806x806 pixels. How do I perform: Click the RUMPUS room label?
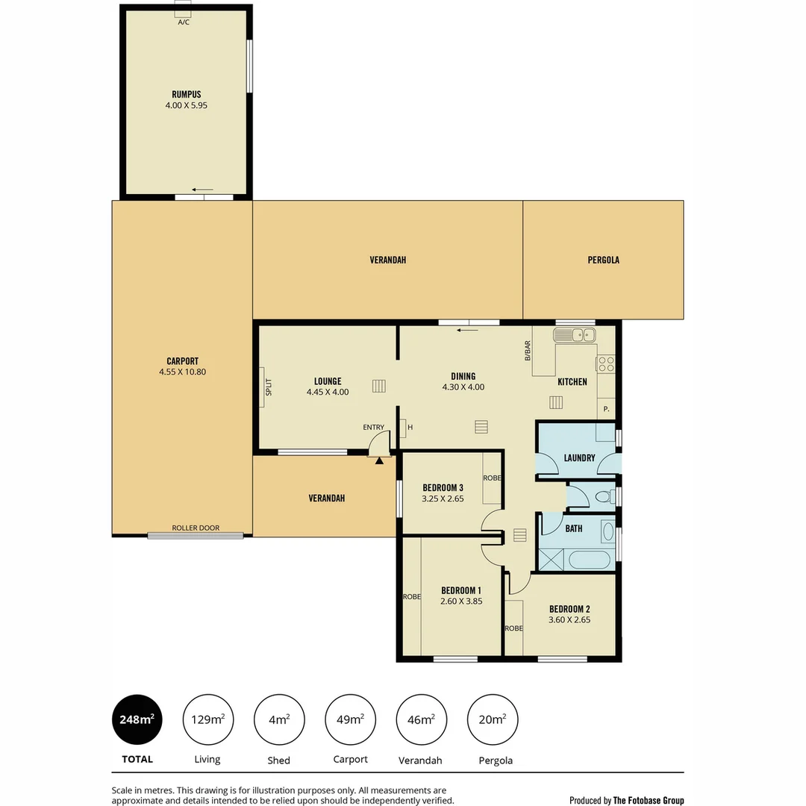coord(186,95)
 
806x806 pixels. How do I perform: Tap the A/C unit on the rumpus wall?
coord(183,10)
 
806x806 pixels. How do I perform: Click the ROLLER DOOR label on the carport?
coord(196,528)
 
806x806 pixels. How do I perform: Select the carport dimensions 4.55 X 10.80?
coord(182,372)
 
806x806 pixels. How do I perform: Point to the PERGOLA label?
coord(603,260)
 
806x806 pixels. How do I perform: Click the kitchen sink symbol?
coord(574,334)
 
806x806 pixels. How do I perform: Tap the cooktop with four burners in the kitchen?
coord(605,364)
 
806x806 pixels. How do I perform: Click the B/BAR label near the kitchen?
coord(528,351)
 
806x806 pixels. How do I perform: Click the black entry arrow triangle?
coord(379,461)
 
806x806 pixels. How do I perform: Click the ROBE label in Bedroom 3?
coord(492,478)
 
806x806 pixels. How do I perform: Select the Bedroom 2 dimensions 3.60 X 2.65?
coord(569,619)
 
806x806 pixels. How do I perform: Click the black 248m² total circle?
coord(137,719)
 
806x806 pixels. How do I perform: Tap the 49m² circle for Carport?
coord(350,719)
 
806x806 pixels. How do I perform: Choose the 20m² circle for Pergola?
coord(493,719)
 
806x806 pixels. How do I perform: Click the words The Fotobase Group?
coord(648,800)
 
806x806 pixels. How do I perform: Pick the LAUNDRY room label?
coord(579,457)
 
